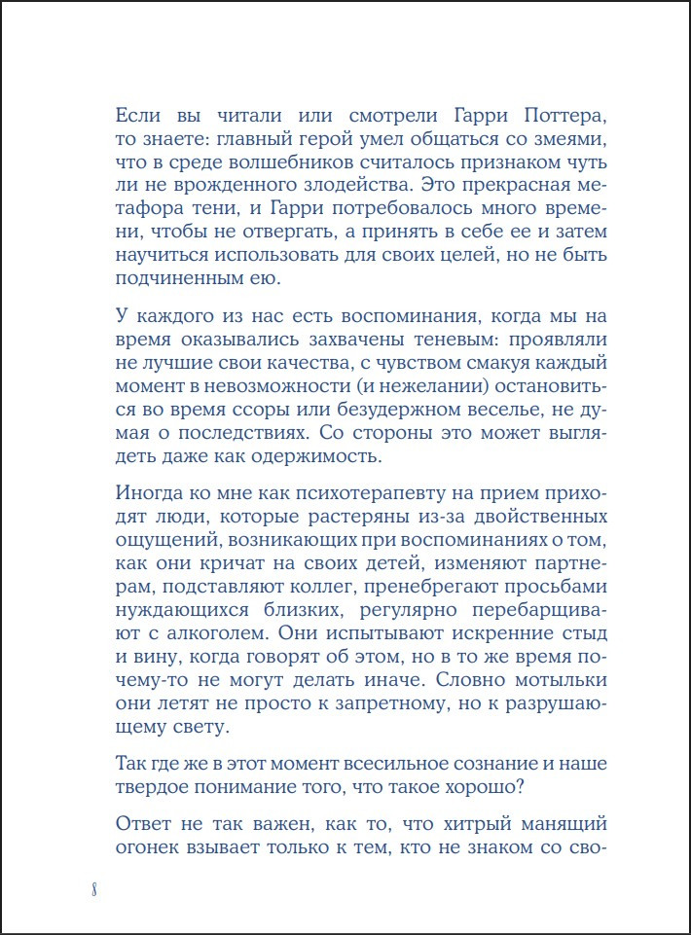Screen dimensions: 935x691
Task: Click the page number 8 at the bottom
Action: pyautogui.click(x=92, y=889)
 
